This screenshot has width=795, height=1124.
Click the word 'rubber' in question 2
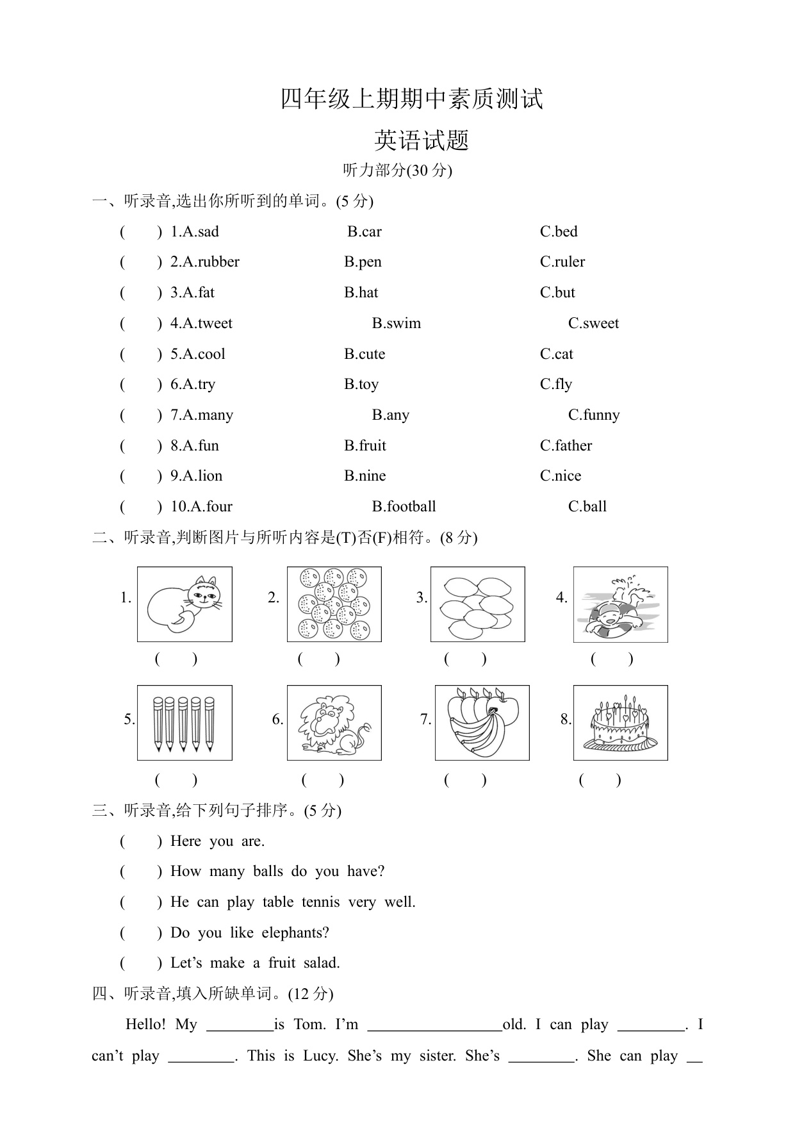(x=218, y=262)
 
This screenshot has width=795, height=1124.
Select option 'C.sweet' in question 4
(x=593, y=324)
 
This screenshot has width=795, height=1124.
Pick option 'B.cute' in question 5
(x=365, y=354)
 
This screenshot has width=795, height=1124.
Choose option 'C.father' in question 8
(x=566, y=446)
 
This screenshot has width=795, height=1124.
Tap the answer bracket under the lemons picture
(x=465, y=659)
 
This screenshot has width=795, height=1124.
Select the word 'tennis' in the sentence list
(x=320, y=902)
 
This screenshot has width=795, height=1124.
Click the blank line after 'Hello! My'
(x=240, y=1025)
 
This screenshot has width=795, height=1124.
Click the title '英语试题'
(x=422, y=140)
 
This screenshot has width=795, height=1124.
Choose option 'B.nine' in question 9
(x=365, y=476)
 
